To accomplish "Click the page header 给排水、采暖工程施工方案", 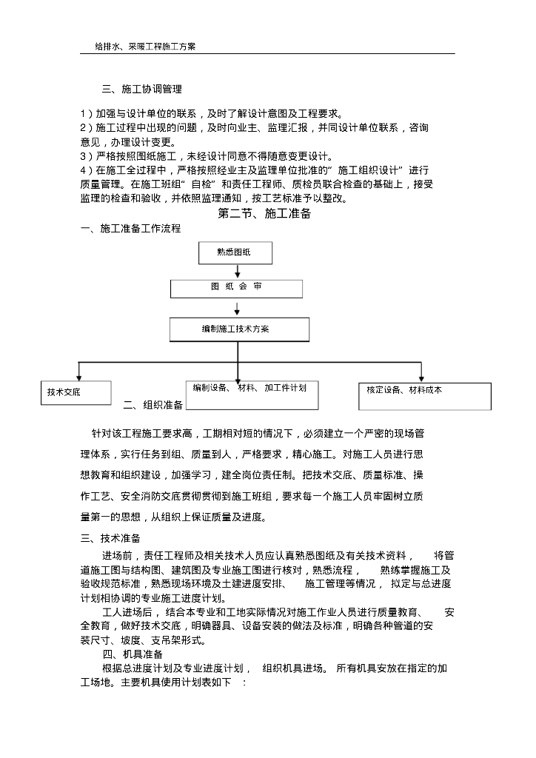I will (145, 46).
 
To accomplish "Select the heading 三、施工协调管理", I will (141, 90).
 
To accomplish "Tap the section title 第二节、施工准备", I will (264, 214).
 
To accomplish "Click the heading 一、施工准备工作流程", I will (130, 229).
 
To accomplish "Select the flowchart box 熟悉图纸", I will (235, 253).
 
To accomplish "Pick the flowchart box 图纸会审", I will (236, 288).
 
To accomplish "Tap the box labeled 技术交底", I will (75, 392).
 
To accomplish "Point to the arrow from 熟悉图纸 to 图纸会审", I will (236, 272).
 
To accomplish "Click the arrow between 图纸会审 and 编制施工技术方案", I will (236, 308).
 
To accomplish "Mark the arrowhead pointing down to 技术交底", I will (78, 377).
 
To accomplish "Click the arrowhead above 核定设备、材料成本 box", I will (421, 378).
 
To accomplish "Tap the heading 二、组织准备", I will (153, 405).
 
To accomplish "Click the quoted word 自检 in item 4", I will (201, 184).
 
